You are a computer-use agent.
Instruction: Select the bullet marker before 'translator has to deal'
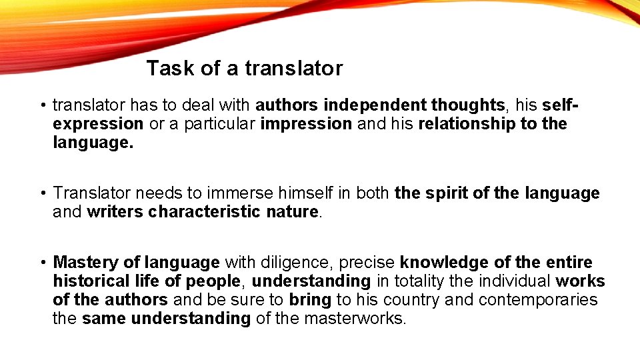click(41, 105)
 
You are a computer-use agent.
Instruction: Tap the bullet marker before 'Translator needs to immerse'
click(41, 194)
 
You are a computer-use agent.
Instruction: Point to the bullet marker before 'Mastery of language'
click(41, 263)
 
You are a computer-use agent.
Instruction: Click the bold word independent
click(376, 105)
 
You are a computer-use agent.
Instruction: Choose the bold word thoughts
click(467, 105)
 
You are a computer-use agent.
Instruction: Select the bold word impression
click(306, 124)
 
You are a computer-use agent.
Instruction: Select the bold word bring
click(310, 299)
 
